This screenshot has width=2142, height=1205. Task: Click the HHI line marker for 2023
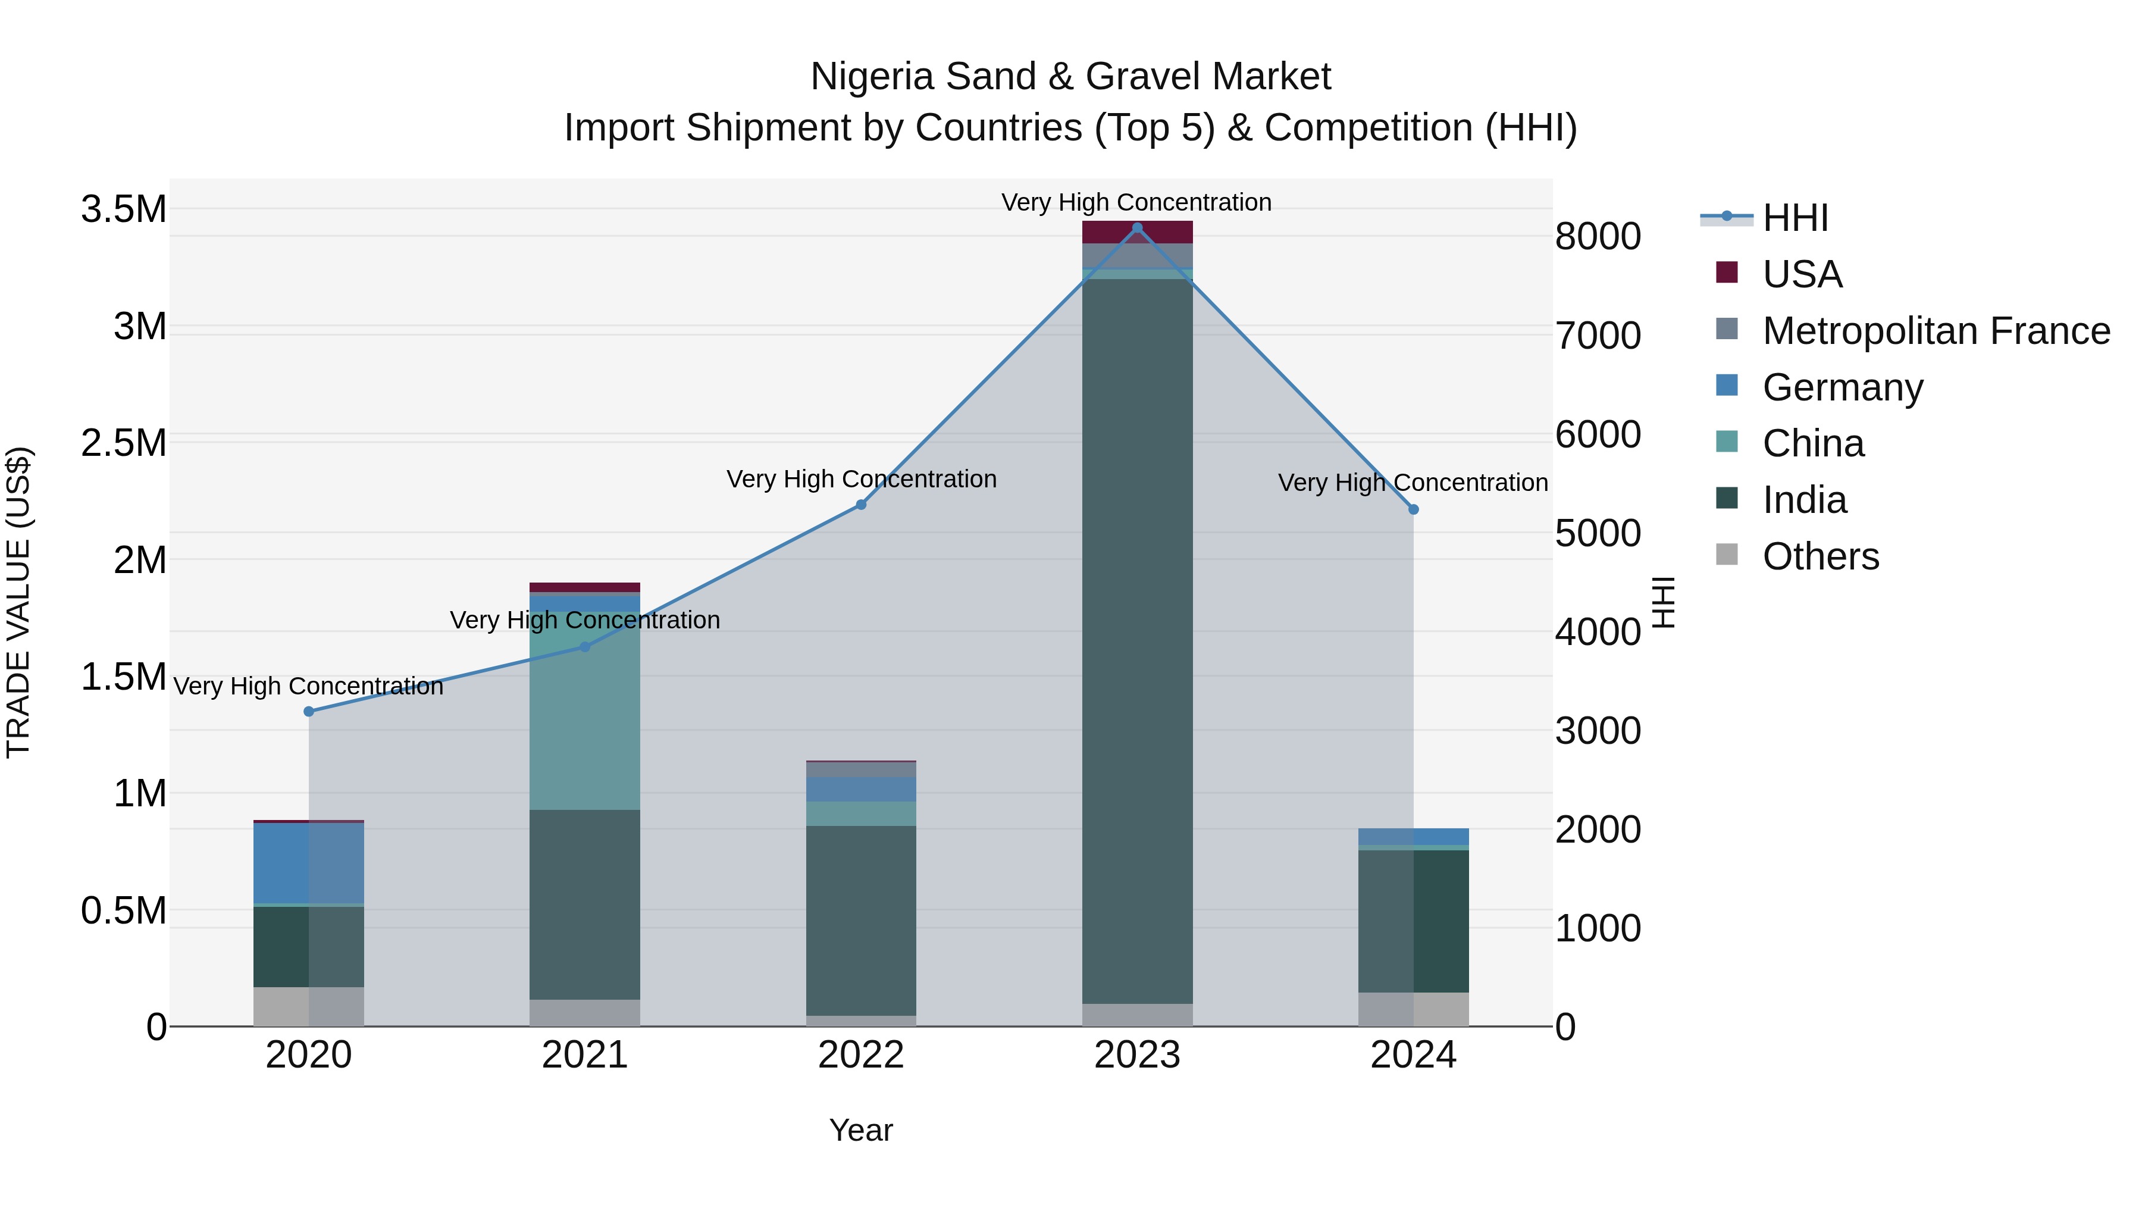point(1136,227)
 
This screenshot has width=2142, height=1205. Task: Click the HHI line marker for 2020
point(308,711)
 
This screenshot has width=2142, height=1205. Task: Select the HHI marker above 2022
point(860,505)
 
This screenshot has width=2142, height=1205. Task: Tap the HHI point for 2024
point(1413,509)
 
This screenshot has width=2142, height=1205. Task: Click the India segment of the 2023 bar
point(1136,640)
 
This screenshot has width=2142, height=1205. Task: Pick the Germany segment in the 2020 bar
point(308,862)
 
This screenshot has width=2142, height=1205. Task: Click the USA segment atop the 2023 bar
point(1136,232)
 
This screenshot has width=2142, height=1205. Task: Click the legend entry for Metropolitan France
point(1936,331)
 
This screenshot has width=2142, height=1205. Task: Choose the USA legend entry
point(1802,274)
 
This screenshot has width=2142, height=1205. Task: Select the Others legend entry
point(1820,556)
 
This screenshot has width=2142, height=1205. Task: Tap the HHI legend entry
point(1795,218)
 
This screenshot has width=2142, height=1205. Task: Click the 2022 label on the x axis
point(860,1055)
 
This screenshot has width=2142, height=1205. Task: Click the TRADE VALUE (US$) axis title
point(18,602)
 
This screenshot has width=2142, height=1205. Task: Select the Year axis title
point(860,1130)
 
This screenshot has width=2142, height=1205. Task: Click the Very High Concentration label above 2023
point(1136,202)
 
